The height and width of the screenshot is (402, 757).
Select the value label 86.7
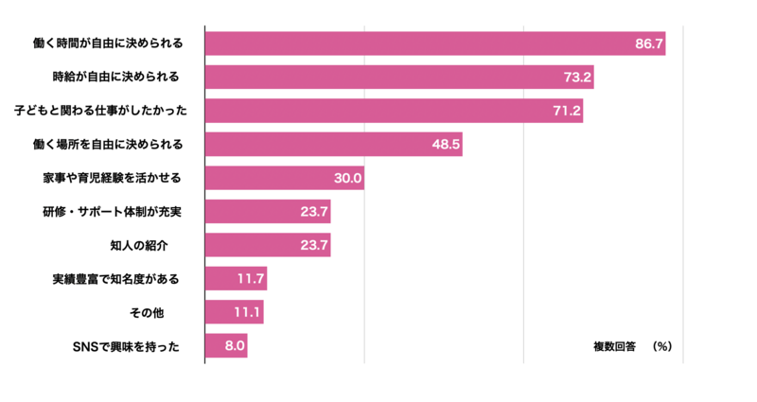(649, 44)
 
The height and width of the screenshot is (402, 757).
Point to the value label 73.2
(577, 77)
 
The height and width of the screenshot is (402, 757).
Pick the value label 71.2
(566, 111)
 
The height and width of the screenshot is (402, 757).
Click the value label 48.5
(446, 144)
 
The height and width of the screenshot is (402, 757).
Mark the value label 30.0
(347, 178)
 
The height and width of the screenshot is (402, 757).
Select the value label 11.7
(251, 278)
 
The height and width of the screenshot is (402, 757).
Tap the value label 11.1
(247, 312)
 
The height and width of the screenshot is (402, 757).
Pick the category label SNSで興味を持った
(126, 346)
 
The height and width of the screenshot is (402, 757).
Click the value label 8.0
(234, 346)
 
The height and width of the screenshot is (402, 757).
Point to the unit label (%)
(661, 346)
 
